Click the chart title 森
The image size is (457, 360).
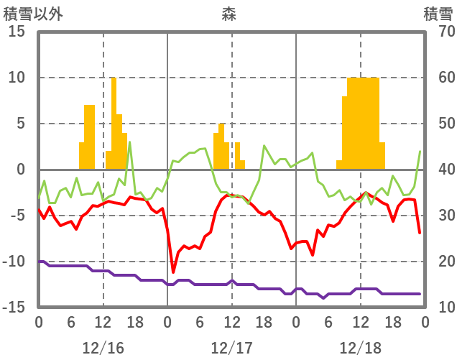(x=228, y=14)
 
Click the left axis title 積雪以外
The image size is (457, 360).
(x=32, y=14)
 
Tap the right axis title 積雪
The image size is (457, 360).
(x=438, y=14)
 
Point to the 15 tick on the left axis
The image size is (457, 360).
(x=17, y=32)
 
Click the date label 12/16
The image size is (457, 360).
(x=103, y=348)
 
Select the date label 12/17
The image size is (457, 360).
(x=231, y=348)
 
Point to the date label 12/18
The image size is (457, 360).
(x=360, y=348)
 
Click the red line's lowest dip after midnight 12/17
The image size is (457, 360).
(x=173, y=272)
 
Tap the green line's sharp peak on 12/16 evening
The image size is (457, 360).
(x=130, y=142)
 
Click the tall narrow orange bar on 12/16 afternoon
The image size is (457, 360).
(x=114, y=122)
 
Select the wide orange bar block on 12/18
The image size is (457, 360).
(x=363, y=122)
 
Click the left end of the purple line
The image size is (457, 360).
(x=40, y=262)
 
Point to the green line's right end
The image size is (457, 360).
(x=420, y=152)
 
